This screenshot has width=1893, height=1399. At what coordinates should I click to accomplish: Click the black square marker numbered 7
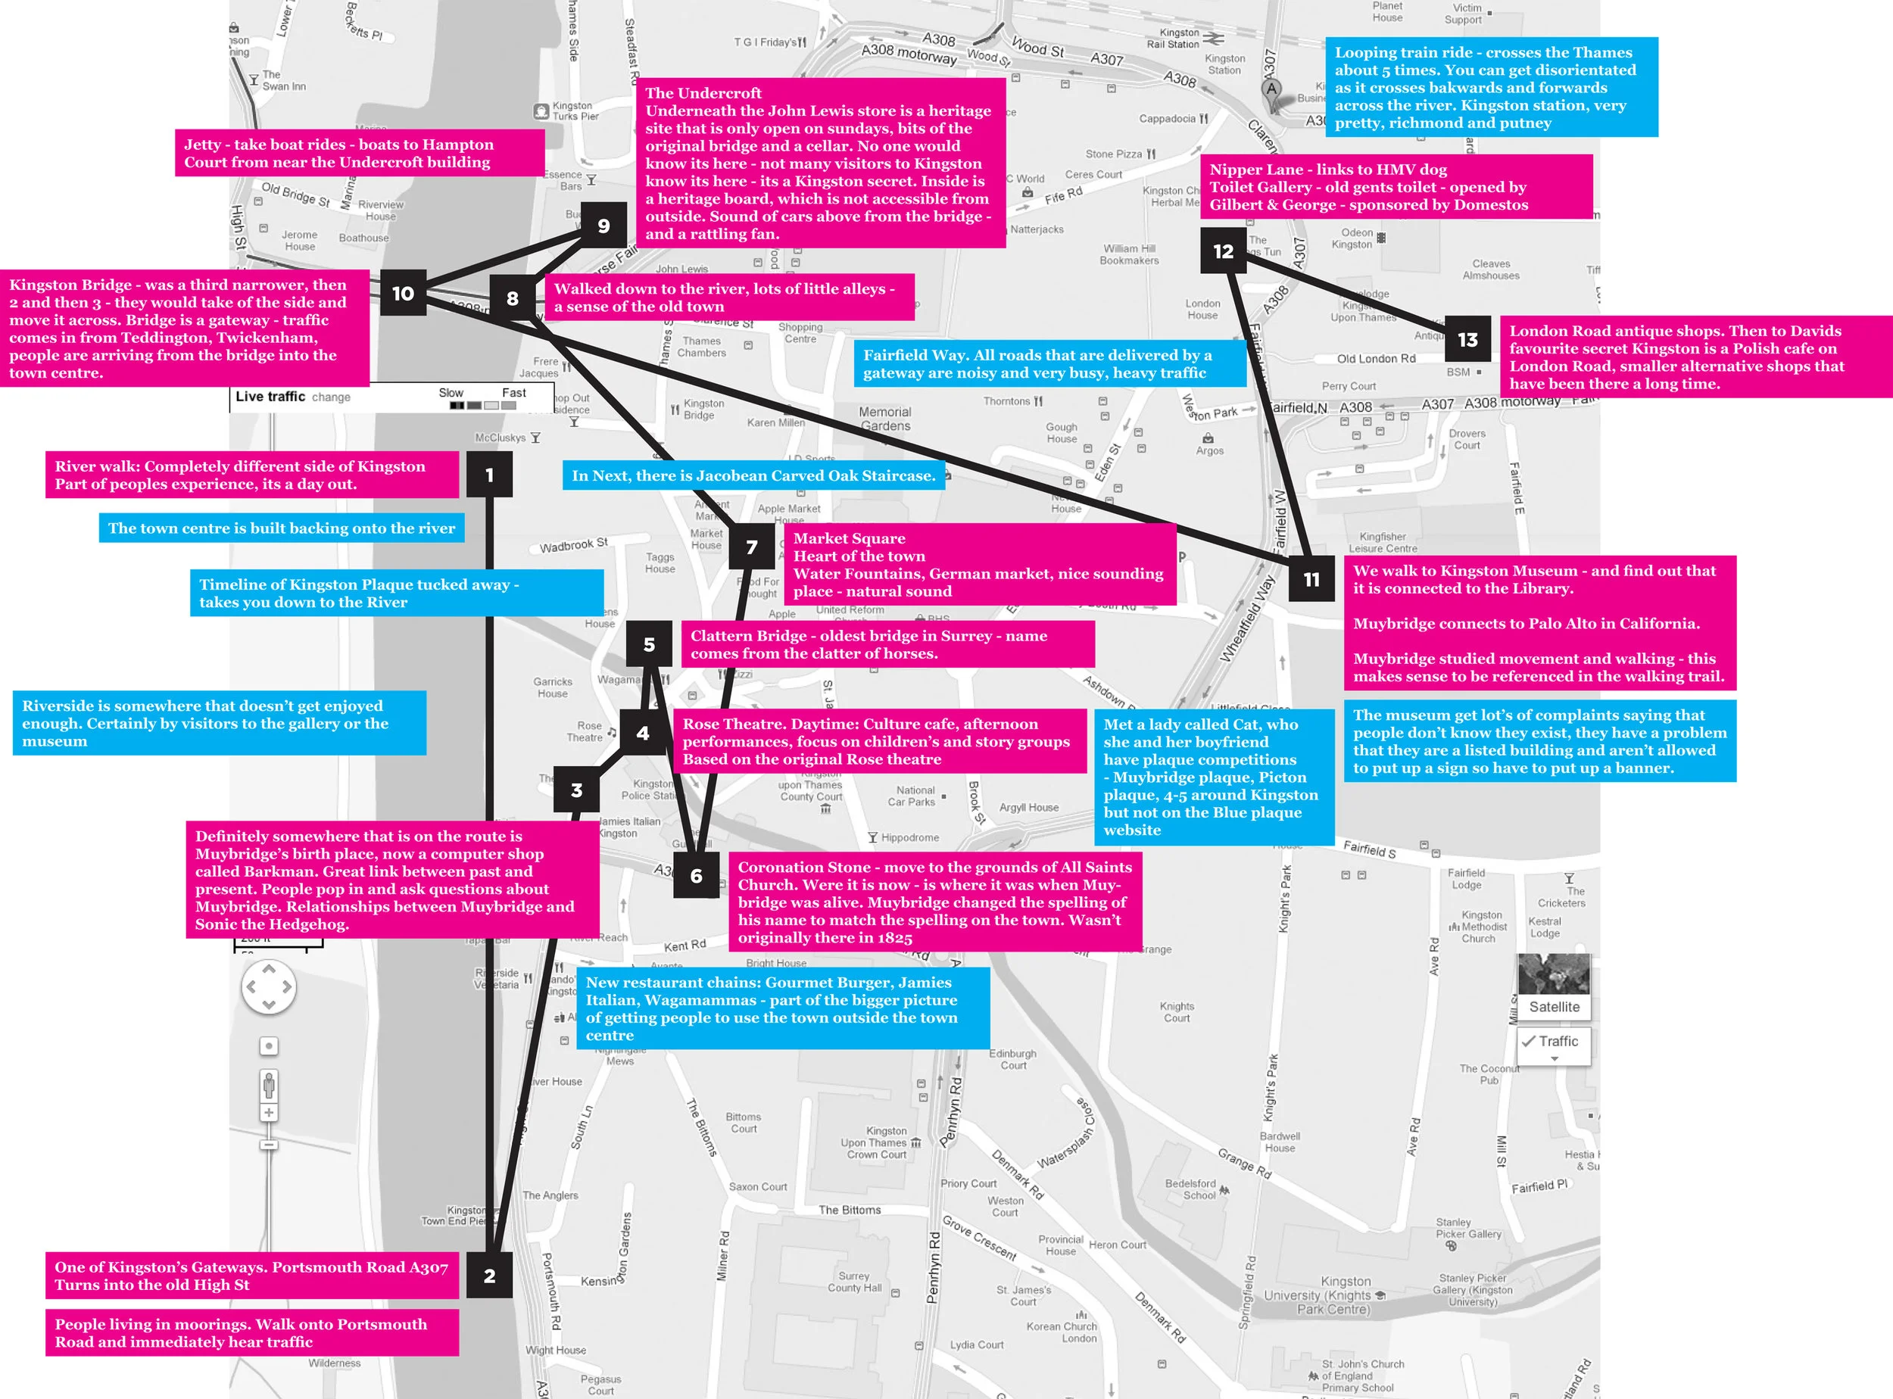(751, 547)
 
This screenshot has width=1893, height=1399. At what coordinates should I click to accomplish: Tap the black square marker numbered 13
(1467, 340)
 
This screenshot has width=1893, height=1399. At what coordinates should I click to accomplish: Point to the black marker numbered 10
(403, 293)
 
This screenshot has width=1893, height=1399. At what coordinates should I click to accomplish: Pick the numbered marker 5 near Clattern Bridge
(649, 644)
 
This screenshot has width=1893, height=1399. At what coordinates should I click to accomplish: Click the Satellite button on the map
(1553, 1007)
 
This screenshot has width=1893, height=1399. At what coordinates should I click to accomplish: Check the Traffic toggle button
(1553, 1042)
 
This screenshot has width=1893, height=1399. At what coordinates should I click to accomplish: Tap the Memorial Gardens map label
(885, 419)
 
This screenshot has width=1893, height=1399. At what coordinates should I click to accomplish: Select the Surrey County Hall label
(855, 1282)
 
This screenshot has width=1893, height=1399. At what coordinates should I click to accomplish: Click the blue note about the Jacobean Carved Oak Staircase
(753, 475)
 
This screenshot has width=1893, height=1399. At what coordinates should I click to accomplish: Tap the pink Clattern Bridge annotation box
(887, 644)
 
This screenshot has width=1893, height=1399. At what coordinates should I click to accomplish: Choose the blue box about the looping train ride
(1490, 87)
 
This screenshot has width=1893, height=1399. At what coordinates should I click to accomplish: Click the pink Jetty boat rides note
(359, 153)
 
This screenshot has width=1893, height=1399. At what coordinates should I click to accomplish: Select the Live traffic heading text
(270, 397)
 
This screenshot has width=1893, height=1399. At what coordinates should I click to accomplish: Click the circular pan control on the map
(269, 986)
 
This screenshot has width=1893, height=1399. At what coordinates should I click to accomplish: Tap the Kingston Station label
(1224, 64)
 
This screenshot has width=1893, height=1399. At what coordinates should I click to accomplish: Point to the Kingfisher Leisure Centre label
(1383, 542)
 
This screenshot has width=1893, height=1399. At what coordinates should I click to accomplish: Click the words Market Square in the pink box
(849, 538)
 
